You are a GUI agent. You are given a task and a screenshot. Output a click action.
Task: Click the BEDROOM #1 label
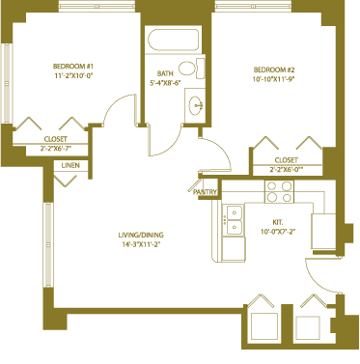pos(73,67)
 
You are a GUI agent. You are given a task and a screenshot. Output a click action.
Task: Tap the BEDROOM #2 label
pos(274,70)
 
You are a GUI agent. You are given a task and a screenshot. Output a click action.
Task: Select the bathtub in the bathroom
pos(173,40)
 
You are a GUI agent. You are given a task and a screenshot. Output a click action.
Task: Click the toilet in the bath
pos(192,69)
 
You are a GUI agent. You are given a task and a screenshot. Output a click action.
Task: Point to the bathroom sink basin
pos(196,105)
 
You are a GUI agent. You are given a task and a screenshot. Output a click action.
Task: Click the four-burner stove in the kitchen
pos(279,191)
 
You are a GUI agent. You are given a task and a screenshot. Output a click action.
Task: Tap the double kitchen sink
pos(234,220)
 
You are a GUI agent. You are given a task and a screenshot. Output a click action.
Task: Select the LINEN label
pos(70,165)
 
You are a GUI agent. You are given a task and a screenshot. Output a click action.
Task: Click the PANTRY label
pos(205,192)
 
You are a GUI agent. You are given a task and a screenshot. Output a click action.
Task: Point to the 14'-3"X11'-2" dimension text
pos(141,244)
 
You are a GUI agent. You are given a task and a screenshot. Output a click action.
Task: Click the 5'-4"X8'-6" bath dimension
pos(165,82)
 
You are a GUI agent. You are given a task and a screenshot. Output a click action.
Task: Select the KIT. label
pos(278,222)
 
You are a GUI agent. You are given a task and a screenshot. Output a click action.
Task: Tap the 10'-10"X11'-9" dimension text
pos(274,79)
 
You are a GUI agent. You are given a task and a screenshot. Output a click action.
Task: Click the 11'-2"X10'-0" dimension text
pos(73,76)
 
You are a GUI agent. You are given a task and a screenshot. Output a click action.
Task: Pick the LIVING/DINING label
pos(141,235)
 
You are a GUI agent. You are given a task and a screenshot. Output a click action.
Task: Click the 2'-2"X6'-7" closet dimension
pos(56,148)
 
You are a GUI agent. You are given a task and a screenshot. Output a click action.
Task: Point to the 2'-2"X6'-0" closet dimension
pos(287,169)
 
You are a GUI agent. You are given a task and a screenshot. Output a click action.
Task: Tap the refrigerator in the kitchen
pos(323,232)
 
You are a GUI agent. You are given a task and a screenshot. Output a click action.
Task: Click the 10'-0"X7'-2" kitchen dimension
pos(278,231)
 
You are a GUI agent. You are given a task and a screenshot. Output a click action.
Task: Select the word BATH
pos(165,73)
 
